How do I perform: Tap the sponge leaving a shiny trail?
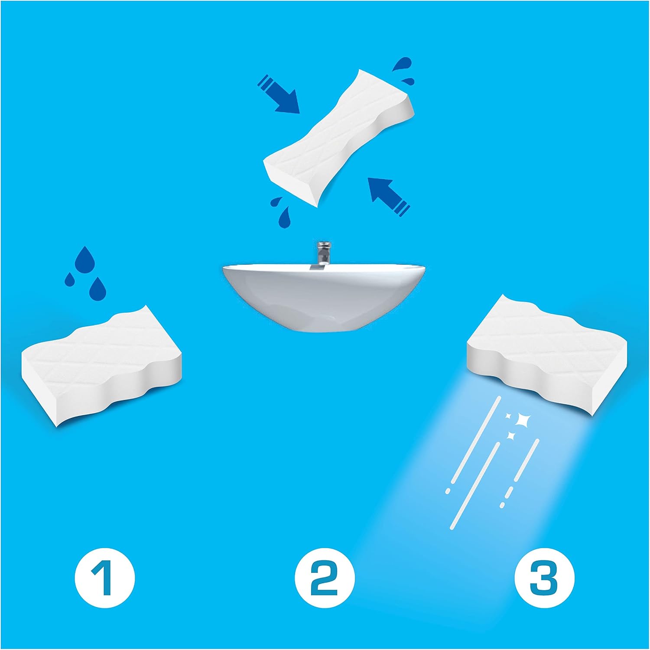[x=546, y=353]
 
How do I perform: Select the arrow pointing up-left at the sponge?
[x=388, y=196]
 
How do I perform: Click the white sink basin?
[x=325, y=297]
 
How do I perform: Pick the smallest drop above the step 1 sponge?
[x=70, y=279]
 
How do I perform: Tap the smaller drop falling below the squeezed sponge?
[x=276, y=201]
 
